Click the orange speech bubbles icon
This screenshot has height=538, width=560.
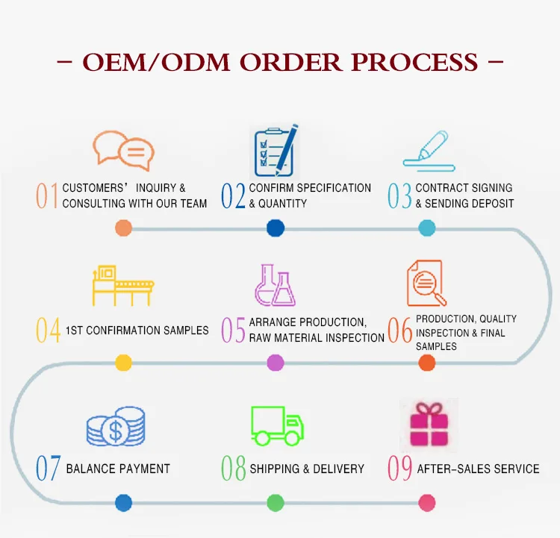pyautogui.click(x=123, y=151)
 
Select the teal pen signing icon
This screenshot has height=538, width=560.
pyautogui.click(x=429, y=151)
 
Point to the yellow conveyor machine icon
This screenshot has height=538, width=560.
pyautogui.click(x=123, y=285)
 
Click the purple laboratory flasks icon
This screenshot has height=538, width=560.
pyautogui.click(x=275, y=285)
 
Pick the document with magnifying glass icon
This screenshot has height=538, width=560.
pyautogui.click(x=426, y=283)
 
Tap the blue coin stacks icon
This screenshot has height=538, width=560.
pyautogui.click(x=116, y=426)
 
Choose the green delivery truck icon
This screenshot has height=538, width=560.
pyautogui.click(x=277, y=426)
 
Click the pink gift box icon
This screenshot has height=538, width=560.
pyautogui.click(x=429, y=425)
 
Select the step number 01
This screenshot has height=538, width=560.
pyautogui.click(x=47, y=196)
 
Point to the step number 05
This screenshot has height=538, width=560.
pyautogui.click(x=233, y=330)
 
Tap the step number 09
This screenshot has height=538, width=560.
pyautogui.click(x=400, y=468)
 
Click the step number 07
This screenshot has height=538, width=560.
pyautogui.click(x=49, y=468)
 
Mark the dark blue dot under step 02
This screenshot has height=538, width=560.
pyautogui.click(x=276, y=228)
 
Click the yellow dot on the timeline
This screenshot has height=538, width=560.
pyautogui.click(x=123, y=363)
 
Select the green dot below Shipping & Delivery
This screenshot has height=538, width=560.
pyautogui.click(x=276, y=503)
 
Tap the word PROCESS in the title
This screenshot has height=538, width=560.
pyautogui.click(x=414, y=63)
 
